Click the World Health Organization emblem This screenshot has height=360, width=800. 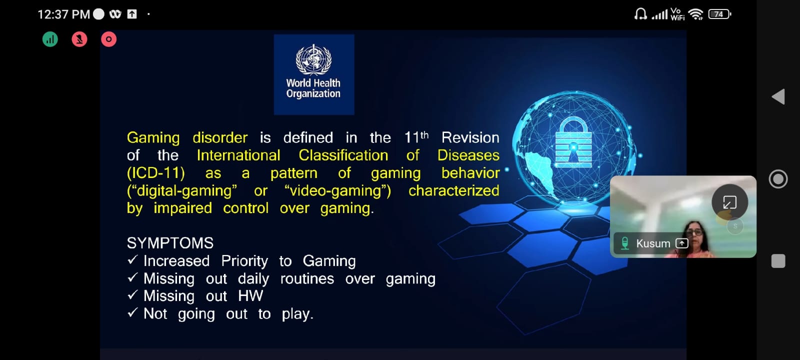click(313, 60)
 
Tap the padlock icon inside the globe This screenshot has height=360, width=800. click(573, 142)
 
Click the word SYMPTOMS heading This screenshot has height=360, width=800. click(170, 243)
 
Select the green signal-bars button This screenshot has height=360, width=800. click(50, 39)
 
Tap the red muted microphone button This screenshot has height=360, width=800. click(79, 39)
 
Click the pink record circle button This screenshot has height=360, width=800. click(108, 39)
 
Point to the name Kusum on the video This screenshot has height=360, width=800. click(653, 243)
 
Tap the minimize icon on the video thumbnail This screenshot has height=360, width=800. click(729, 202)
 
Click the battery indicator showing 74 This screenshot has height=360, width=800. click(719, 14)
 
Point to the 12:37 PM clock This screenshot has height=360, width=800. click(63, 14)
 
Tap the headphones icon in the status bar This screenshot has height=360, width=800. click(640, 14)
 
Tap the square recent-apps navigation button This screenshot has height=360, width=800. click(778, 261)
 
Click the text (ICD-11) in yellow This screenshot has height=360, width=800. click(155, 173)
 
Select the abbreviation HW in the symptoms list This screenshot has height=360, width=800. click(250, 296)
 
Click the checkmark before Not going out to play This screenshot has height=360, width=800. click(132, 312)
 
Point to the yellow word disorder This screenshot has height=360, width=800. click(220, 138)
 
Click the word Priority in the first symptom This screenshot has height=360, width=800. click(244, 261)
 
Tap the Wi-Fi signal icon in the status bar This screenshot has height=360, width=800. click(695, 14)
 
